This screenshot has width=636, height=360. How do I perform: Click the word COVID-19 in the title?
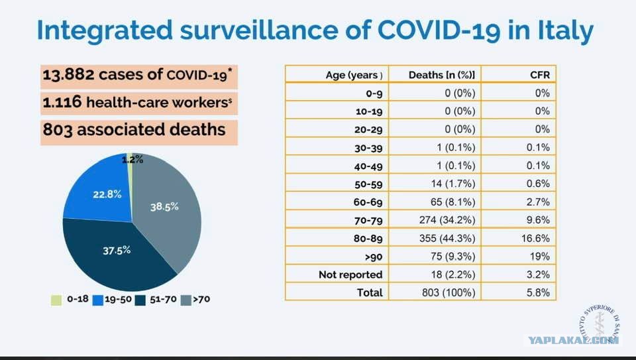coord(439,30)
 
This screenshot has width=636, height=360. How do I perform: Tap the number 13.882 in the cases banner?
coord(68,75)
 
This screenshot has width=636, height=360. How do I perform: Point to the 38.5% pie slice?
coord(170,211)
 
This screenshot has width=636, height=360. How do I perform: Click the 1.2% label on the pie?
coord(132,160)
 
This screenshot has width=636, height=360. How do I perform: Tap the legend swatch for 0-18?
coord(56,300)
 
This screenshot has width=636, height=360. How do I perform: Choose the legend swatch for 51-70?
coord(140,300)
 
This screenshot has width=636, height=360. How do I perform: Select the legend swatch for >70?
coord(185,300)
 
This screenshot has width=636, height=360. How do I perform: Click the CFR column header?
coord(540,75)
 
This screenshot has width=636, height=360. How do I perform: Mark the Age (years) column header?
coord(354,75)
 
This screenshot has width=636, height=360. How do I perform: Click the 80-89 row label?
coord(368,238)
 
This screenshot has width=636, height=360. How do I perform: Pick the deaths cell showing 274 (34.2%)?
coord(447,220)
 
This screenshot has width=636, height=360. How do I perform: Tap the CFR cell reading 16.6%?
coord(535,238)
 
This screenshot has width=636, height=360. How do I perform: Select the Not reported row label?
coord(350,274)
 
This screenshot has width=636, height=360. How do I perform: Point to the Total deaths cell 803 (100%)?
coord(449,292)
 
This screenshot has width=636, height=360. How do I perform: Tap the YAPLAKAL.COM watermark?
coord(572,341)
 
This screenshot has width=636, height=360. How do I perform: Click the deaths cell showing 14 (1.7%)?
coord(453,184)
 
